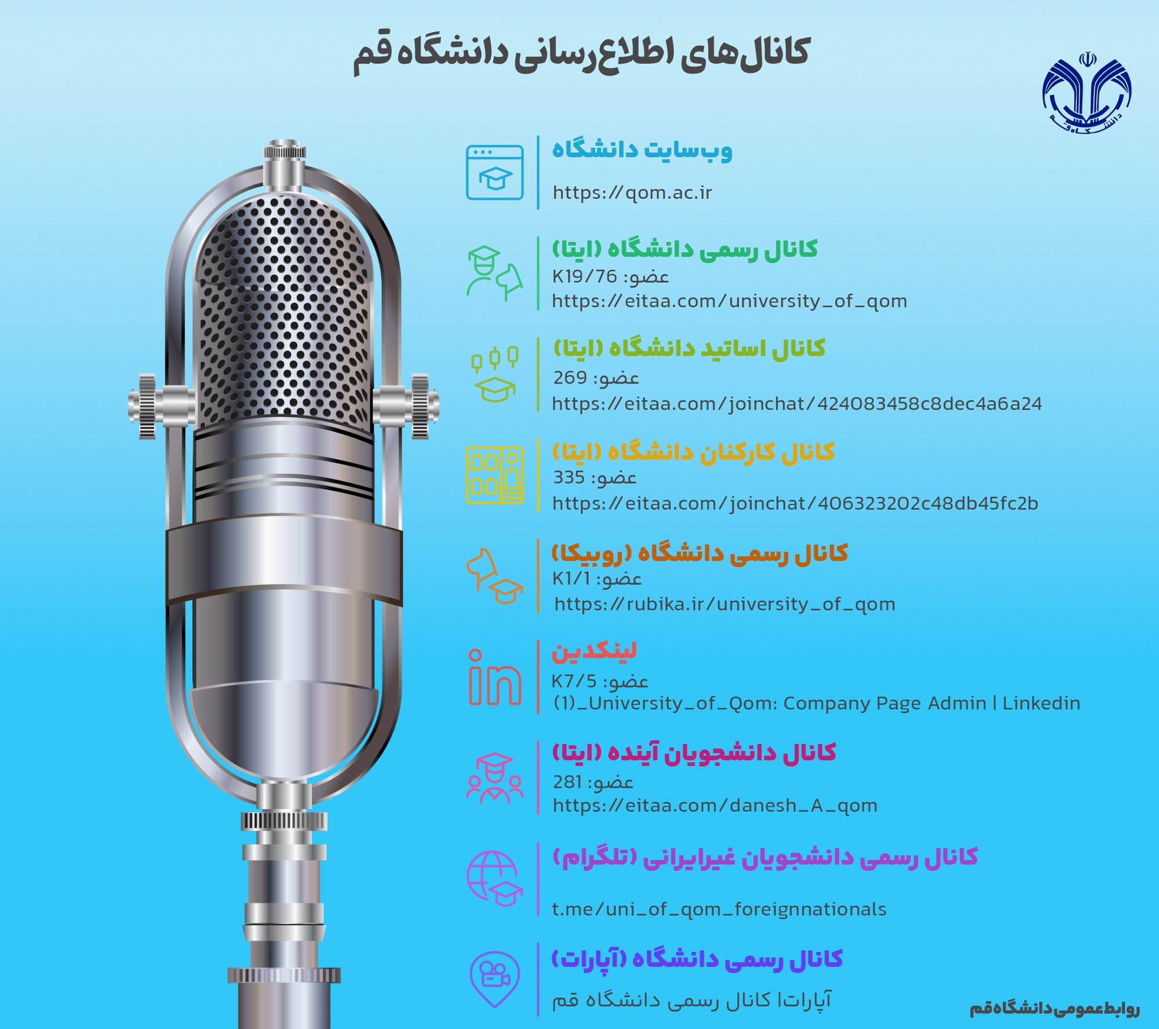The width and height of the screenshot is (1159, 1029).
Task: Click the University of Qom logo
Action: point(1087,93)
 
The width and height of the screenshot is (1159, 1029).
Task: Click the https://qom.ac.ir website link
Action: point(632,192)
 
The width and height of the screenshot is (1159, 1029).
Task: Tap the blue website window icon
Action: point(495,173)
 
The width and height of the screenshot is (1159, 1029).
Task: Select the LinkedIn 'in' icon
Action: point(495,677)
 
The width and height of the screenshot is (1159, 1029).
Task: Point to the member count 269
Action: point(570,378)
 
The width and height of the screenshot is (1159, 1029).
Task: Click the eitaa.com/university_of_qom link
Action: point(730,301)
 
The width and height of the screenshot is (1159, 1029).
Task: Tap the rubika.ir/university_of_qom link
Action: point(725,605)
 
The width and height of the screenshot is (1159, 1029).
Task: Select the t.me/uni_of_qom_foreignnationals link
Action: point(719,909)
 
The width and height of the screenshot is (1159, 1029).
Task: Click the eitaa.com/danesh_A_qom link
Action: point(715,806)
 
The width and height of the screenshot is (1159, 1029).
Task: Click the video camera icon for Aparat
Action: point(494,979)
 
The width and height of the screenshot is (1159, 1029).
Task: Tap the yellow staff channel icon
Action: point(495,475)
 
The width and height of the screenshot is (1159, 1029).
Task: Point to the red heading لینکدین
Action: point(594,651)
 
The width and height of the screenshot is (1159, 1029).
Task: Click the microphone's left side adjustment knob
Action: point(147,406)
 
